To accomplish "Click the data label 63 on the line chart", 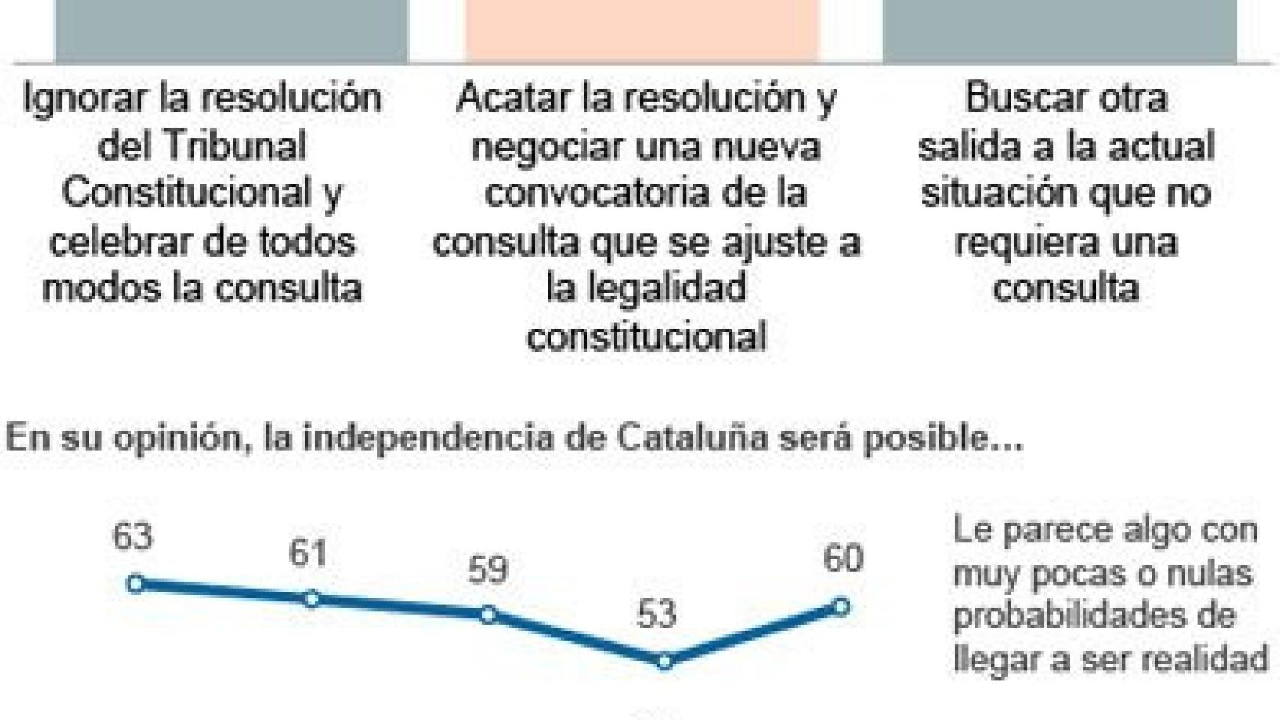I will [x=133, y=536].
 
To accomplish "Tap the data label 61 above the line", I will [x=308, y=553].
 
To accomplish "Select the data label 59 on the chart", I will [x=488, y=570].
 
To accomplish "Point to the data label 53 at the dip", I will [x=657, y=614].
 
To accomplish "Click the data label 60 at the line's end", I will [x=843, y=559].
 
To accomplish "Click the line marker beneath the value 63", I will [x=136, y=583].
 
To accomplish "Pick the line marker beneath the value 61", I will [x=312, y=599].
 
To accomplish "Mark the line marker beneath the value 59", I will [x=488, y=615].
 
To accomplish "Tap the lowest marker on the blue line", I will [x=664, y=661].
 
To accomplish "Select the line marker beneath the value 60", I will [x=841, y=606].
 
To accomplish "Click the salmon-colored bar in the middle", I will [x=642, y=30].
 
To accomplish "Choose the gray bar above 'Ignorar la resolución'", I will [x=231, y=30].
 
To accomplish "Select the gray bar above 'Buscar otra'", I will [x=1059, y=30].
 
